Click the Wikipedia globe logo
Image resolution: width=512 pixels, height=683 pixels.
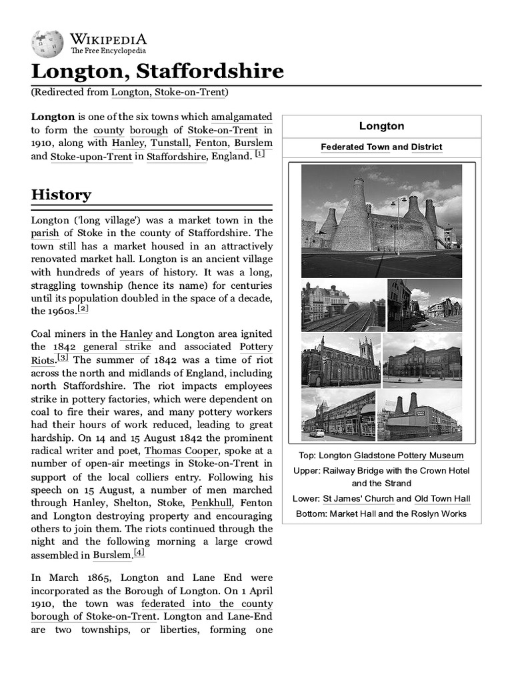47,43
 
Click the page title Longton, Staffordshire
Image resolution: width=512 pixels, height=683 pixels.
157,71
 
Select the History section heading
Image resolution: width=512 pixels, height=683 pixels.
61,195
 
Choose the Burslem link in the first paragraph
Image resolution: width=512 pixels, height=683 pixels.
255,143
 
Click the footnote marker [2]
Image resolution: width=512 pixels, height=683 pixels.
83,308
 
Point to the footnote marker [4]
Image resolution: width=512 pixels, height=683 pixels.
139,552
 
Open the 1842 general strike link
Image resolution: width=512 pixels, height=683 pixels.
102,347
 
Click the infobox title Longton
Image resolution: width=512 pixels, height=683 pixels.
381,126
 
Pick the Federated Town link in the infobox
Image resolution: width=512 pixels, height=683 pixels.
346,147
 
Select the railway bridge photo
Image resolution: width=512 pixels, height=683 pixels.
343,305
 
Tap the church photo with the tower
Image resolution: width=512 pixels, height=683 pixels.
340,360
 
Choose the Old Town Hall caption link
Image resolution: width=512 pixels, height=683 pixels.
442,498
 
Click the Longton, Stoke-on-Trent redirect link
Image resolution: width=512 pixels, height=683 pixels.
169,92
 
